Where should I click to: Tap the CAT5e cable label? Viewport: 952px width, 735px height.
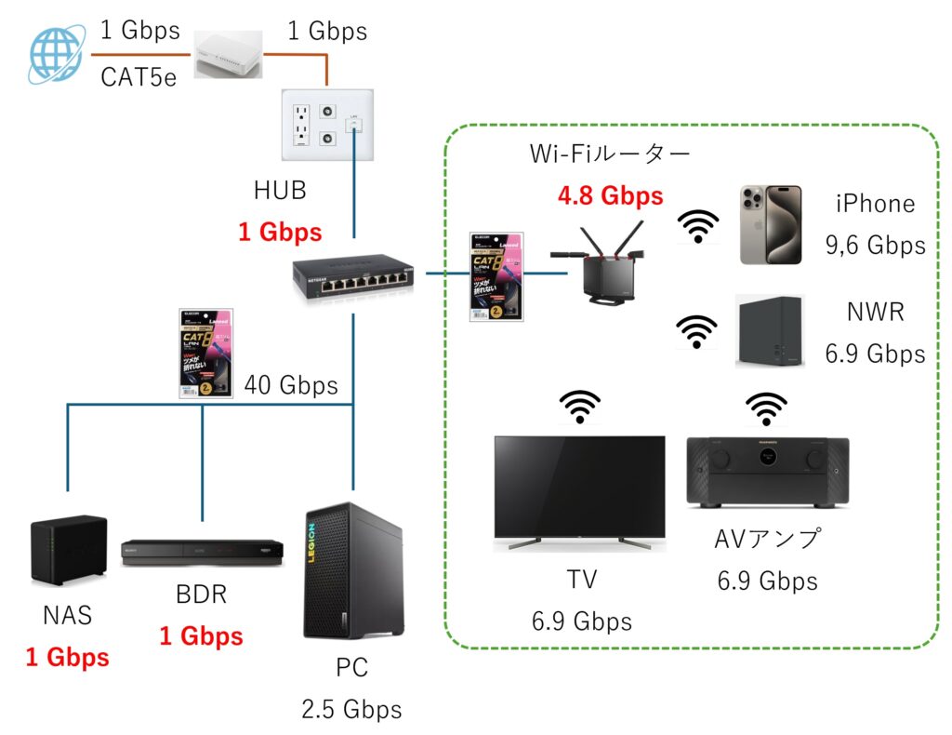pos(138,76)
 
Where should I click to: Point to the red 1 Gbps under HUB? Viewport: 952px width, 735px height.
pos(280,232)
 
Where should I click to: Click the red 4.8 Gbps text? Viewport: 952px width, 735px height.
pos(610,196)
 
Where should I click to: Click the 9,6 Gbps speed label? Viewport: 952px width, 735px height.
pos(875,245)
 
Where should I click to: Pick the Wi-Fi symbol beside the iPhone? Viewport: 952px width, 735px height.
pos(697,225)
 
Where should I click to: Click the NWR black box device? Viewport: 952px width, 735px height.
pos(768,332)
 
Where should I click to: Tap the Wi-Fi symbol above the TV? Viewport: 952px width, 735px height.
pos(579,407)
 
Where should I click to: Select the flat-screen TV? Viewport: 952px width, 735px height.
pos(578,488)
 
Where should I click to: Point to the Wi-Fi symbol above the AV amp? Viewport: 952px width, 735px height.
pos(766,407)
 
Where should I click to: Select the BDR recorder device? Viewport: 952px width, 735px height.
pos(202,552)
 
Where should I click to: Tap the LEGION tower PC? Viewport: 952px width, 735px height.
pos(353,570)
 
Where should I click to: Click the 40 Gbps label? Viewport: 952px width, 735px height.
pos(291,384)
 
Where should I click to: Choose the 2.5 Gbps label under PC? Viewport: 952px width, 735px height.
pos(351,710)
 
